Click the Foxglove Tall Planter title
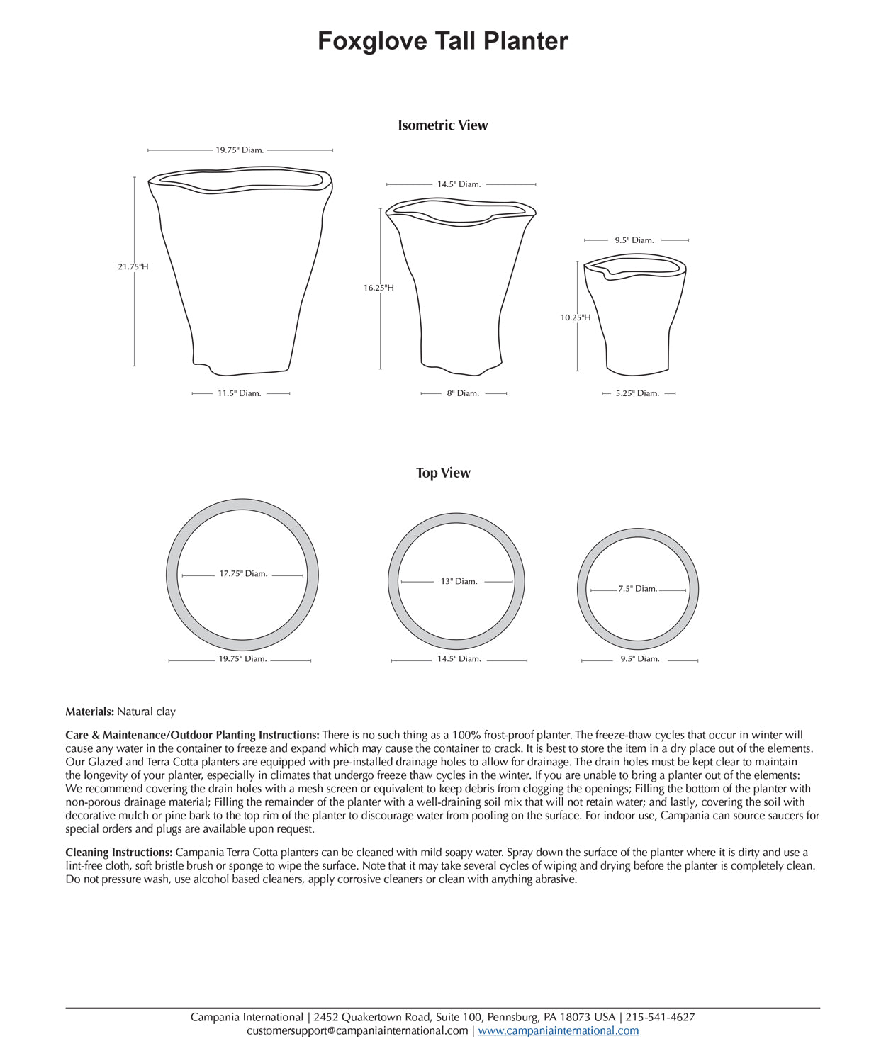pos(442,41)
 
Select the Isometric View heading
pos(442,125)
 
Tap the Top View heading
pos(442,473)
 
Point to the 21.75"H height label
pos(133,267)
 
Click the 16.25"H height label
pos(378,288)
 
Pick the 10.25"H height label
pos(576,317)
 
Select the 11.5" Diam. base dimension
pos(240,393)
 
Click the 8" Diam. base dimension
pos(463,393)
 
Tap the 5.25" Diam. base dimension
pos(637,393)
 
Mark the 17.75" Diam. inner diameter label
pos(243,574)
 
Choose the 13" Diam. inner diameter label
pos(459,581)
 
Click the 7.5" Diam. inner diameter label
pos(638,589)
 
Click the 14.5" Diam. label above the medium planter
pos(459,184)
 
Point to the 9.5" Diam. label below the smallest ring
pos(640,659)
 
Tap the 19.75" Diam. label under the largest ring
pos(242,659)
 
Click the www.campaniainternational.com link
pos(558,1030)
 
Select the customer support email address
pos(357,1030)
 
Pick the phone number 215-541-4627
pos(660,1017)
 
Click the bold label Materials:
pos(89,712)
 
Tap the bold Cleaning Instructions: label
pos(118,853)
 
